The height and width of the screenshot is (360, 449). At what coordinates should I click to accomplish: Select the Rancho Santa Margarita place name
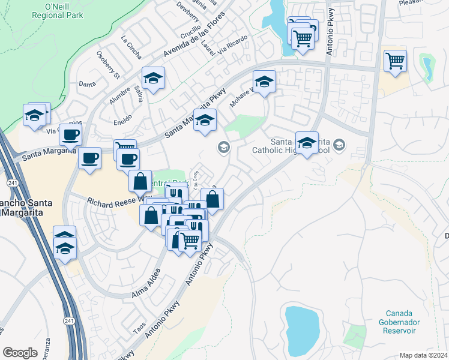click(25, 206)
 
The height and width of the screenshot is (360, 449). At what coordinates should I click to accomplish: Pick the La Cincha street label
click(131, 47)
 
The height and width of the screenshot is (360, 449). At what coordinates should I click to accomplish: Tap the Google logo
click(20, 352)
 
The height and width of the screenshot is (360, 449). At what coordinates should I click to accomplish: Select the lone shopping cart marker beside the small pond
click(395, 60)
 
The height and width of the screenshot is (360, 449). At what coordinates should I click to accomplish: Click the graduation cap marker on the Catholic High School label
click(307, 143)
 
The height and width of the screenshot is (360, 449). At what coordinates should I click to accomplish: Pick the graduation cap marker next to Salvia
click(153, 78)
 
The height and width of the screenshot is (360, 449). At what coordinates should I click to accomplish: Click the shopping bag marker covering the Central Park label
click(140, 179)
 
